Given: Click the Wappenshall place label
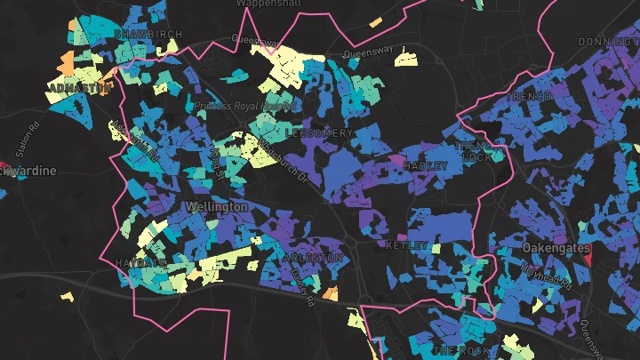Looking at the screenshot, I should [x=268, y=4].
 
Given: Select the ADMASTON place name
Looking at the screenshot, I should [x=81, y=88].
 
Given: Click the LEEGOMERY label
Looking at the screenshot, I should [x=320, y=132].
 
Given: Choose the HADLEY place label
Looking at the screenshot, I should [x=424, y=166].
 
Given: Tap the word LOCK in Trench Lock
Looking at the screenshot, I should [x=476, y=157].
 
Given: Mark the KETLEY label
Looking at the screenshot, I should [x=407, y=244].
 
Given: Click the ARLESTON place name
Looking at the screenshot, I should [x=312, y=258].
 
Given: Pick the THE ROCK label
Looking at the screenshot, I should [x=456, y=351].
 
